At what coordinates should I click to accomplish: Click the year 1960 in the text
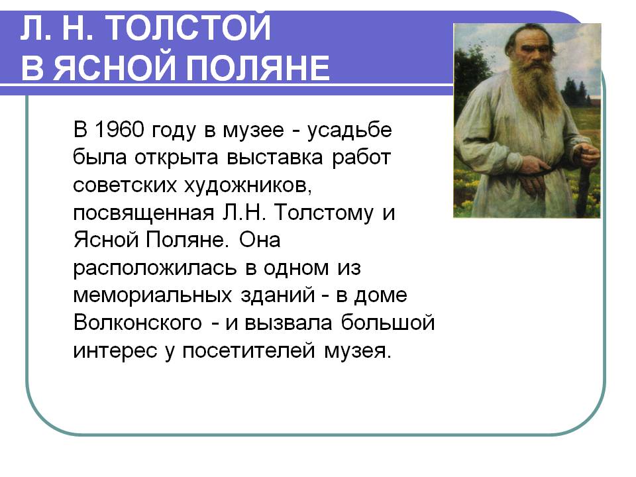pos(119,129)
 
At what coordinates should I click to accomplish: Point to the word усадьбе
pos(350,131)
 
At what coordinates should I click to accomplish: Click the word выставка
pos(274,158)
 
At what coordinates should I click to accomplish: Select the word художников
pos(248,185)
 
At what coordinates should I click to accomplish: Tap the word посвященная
pos(144,213)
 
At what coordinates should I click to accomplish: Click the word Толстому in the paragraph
pos(324,213)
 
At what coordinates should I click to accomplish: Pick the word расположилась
pos(154,268)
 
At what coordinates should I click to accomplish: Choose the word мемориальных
pos(153,295)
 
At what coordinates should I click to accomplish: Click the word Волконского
pos(138,323)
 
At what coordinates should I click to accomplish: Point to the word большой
pos(388,323)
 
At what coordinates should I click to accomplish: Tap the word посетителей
pos(248,350)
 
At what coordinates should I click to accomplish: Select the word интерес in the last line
pos(115,351)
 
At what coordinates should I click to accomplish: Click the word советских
pos(125,185)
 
